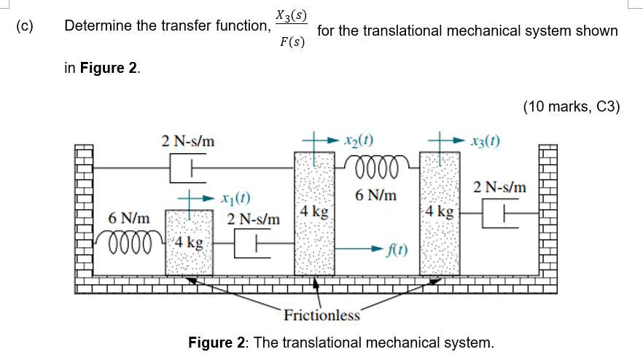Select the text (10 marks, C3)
click(x=571, y=107)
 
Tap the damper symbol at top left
click(x=183, y=170)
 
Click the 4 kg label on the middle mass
click(x=315, y=213)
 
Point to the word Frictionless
click(x=321, y=316)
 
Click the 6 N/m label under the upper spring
click(x=376, y=195)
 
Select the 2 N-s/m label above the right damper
click(x=500, y=187)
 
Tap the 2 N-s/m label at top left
click(x=188, y=141)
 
